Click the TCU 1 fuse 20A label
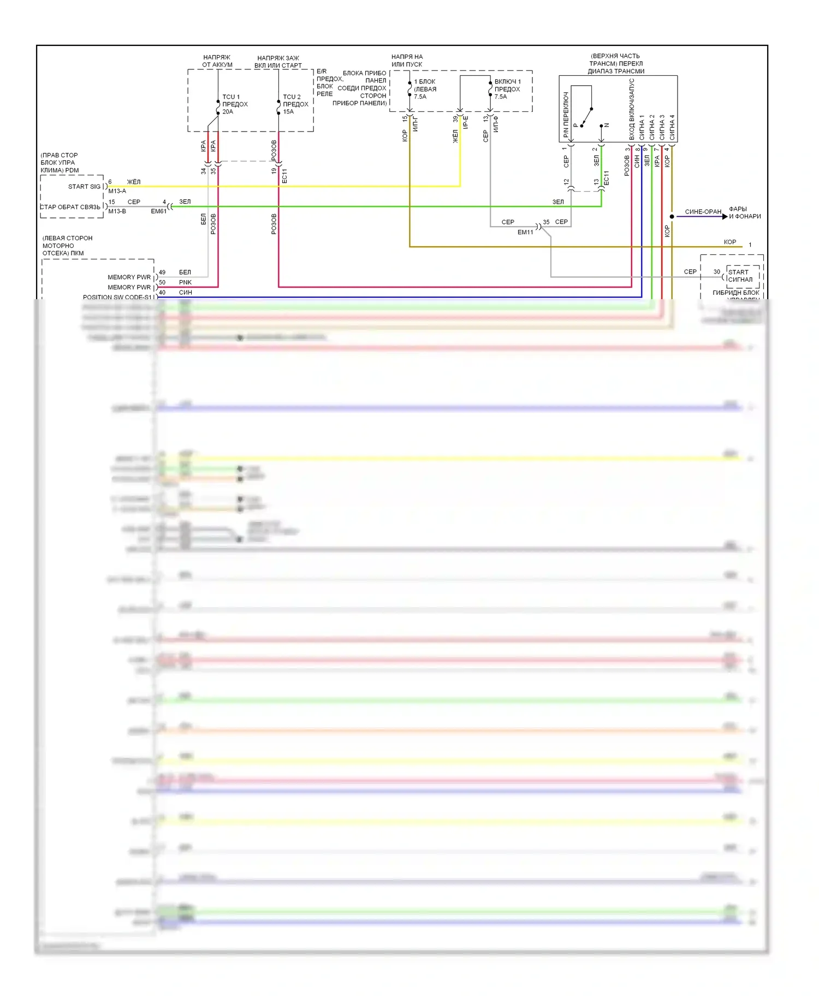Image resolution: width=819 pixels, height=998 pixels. (x=235, y=104)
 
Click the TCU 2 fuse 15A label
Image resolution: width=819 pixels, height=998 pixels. (x=295, y=104)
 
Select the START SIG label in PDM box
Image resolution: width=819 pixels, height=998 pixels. (x=84, y=187)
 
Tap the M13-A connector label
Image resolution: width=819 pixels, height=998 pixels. (x=117, y=191)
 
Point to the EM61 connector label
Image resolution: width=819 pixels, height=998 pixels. (x=158, y=211)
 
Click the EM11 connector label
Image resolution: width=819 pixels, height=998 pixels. (x=525, y=232)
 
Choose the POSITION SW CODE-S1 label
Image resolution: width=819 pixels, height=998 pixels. (x=117, y=297)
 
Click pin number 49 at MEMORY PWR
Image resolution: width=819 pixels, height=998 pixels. (x=162, y=272)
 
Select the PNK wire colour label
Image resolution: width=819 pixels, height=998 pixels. (x=185, y=282)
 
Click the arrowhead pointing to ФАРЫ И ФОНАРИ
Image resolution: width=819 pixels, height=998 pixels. (x=725, y=217)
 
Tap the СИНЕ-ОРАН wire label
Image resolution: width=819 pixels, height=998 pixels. (x=703, y=212)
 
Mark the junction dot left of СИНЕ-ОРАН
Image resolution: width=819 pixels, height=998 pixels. (x=672, y=217)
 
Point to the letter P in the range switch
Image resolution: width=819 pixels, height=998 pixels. (x=575, y=126)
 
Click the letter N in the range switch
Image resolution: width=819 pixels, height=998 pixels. (x=607, y=126)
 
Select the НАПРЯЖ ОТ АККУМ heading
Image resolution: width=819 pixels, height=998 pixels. (x=217, y=61)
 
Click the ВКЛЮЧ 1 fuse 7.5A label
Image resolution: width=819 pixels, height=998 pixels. (x=507, y=89)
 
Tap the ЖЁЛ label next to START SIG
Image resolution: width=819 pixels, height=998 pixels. (x=134, y=182)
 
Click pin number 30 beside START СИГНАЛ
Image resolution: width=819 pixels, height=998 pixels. (x=716, y=272)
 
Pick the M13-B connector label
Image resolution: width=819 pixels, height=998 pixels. (x=117, y=211)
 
